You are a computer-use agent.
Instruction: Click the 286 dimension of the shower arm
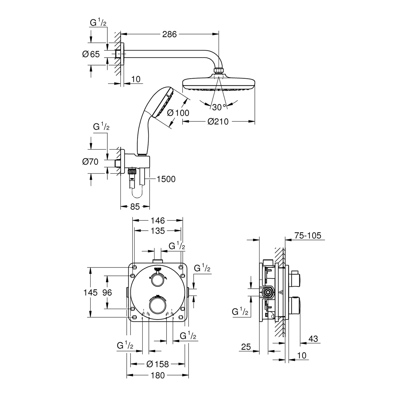click(169, 34)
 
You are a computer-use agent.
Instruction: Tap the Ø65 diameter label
click(91, 54)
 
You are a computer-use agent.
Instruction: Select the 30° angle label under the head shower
click(219, 107)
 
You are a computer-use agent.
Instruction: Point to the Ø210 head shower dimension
click(218, 122)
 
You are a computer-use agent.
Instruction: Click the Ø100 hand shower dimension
click(178, 113)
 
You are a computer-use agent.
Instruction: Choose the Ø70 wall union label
click(90, 161)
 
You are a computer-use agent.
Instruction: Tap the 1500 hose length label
click(166, 179)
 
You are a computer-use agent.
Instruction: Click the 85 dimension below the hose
click(135, 206)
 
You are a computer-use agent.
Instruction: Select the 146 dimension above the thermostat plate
click(158, 220)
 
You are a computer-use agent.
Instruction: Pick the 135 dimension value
click(158, 231)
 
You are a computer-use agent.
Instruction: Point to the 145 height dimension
click(91, 292)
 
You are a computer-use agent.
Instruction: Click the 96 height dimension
click(107, 292)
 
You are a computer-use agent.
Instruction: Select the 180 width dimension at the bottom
click(158, 375)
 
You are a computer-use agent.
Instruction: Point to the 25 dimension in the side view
click(246, 347)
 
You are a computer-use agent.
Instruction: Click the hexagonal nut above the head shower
click(219, 70)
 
